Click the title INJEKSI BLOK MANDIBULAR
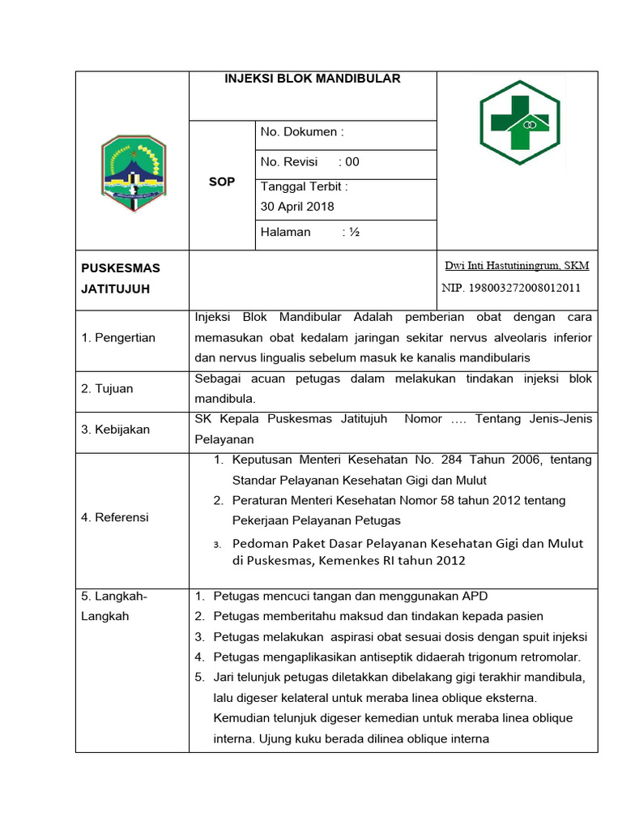coord(313,79)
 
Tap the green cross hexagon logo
coord(518,122)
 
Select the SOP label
coord(222,182)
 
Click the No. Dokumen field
coord(302,132)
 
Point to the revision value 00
coord(351,161)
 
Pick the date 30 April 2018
coord(297,207)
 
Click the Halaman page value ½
coord(351,232)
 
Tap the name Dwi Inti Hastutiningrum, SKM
coord(517,265)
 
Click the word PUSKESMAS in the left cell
coord(121,268)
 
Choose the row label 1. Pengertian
coord(118,337)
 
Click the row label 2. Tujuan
coord(107,388)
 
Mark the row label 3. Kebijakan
coord(115,430)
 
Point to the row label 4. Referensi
coord(115,517)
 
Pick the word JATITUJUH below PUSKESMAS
coord(116,289)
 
